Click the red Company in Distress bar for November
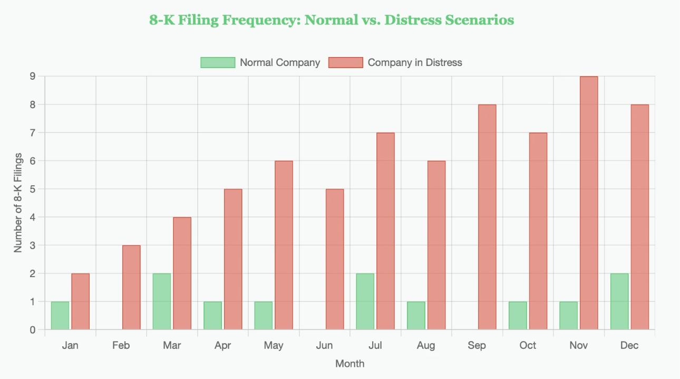pos(589,203)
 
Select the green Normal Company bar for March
pos(162,301)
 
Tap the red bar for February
pos(131,288)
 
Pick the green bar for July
pos(365,301)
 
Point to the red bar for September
pos(487,217)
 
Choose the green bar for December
pos(619,301)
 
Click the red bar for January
pos(81,301)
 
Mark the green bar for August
pos(416,316)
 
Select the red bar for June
pos(335,259)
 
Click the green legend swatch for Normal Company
pos(218,62)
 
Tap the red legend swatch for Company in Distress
pos(346,62)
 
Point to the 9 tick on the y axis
pos(33,77)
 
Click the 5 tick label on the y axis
pos(33,189)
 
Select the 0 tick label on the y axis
pos(33,330)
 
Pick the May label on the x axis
pos(274,346)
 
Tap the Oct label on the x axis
pos(528,346)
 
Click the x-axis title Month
pos(349,364)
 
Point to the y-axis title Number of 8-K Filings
pos(18,203)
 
